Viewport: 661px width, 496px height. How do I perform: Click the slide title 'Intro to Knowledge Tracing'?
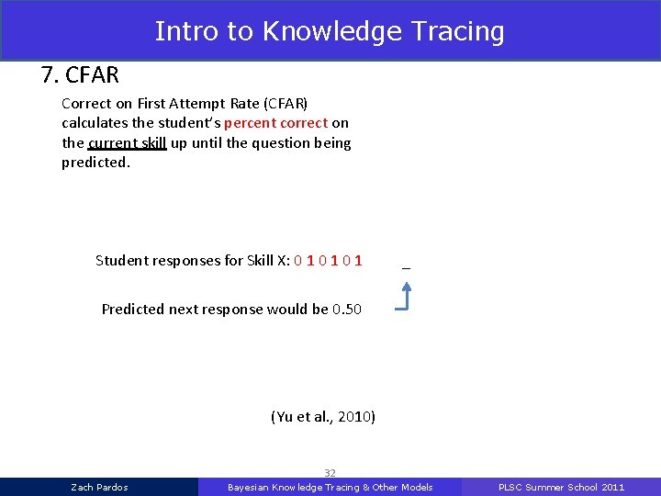(x=330, y=31)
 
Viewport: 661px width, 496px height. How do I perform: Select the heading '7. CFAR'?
(x=80, y=74)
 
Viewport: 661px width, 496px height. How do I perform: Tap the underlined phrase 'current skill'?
(x=127, y=143)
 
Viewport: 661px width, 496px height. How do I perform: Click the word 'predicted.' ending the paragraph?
(x=96, y=163)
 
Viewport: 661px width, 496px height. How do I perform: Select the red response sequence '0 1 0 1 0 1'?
(x=328, y=261)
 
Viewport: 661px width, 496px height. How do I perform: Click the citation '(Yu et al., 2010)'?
(x=323, y=417)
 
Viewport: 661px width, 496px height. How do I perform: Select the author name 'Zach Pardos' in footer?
(x=99, y=487)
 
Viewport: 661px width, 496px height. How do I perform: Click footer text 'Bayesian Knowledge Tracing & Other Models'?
(x=330, y=487)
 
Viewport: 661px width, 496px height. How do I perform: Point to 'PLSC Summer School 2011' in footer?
(x=561, y=487)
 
